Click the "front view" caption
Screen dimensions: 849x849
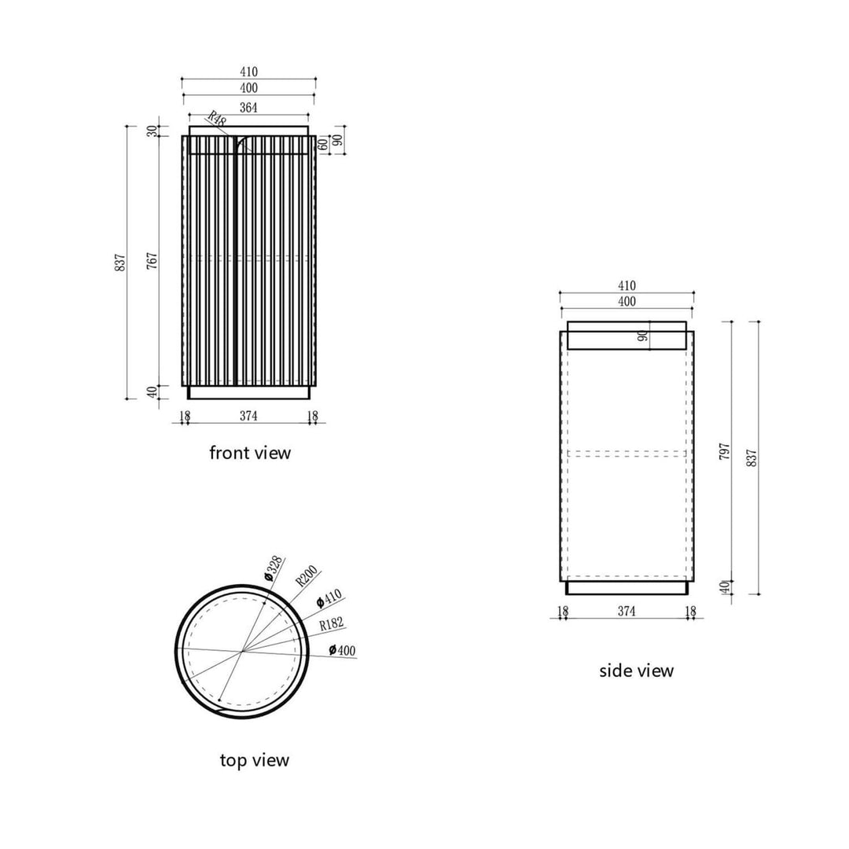(249, 453)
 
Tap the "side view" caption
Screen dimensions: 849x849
(636, 671)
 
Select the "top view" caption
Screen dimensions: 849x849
(254, 760)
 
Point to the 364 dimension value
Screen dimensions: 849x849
(248, 108)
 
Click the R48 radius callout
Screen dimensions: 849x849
(216, 117)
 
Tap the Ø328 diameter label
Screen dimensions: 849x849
(273, 568)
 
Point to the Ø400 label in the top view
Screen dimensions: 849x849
(343, 650)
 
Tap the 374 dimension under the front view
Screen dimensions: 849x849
(248, 415)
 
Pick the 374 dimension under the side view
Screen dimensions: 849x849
(627, 611)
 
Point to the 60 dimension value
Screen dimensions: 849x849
(322, 145)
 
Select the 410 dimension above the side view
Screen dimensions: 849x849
(627, 286)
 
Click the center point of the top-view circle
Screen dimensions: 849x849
(243, 651)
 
